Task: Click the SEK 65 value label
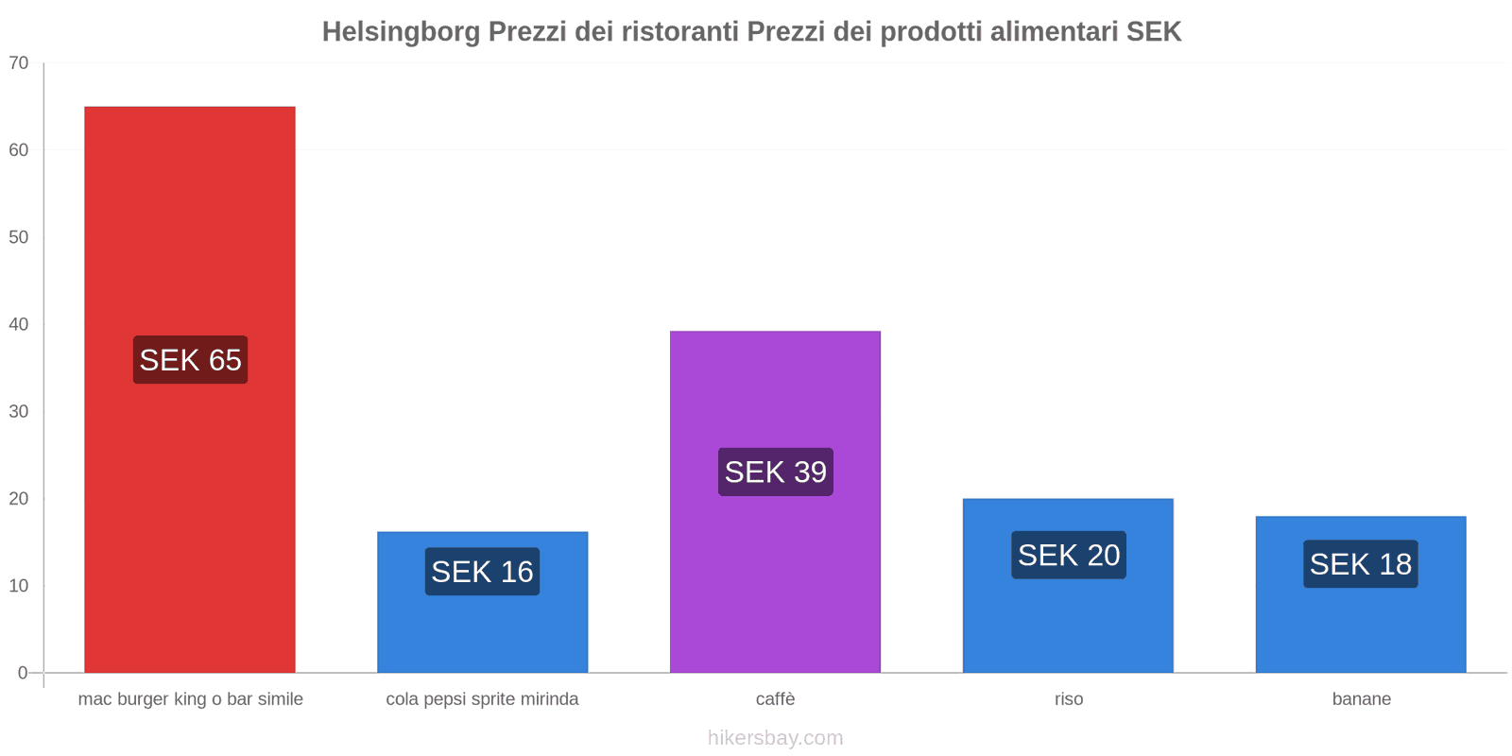coord(190,360)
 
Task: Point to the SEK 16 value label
coord(482,572)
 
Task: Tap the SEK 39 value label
coord(775,472)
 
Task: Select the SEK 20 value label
coord(1068,555)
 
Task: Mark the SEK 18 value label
coord(1360,564)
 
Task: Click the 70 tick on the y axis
coord(19,63)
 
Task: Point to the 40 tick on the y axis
coord(19,324)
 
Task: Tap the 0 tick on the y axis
coord(23,673)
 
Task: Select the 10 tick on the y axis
coord(19,586)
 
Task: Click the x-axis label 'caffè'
coord(775,699)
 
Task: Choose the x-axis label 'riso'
coord(1069,699)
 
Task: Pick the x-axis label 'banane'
coord(1361,699)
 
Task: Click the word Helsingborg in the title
coord(401,32)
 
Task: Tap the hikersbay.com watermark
coord(775,738)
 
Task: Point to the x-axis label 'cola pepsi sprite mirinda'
coord(482,699)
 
